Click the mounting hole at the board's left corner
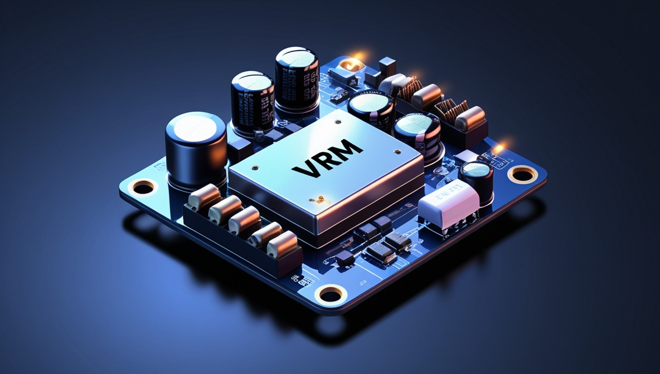coord(143,188)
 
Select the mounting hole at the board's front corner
coord(331,294)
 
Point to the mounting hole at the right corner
coord(522,175)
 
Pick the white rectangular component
coord(448,201)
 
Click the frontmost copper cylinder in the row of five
coord(282,245)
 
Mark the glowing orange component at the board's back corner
coord(350,64)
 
